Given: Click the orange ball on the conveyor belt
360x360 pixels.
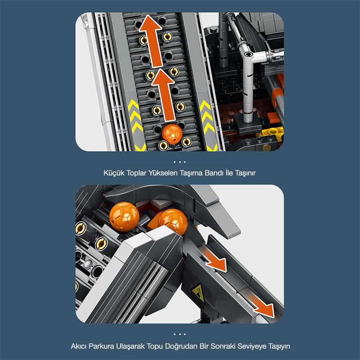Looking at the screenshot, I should pos(172,134).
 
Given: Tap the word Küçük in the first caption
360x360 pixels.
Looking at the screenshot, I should pos(113,172).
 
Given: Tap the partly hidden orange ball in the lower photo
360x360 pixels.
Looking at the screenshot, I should pos(172,221).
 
